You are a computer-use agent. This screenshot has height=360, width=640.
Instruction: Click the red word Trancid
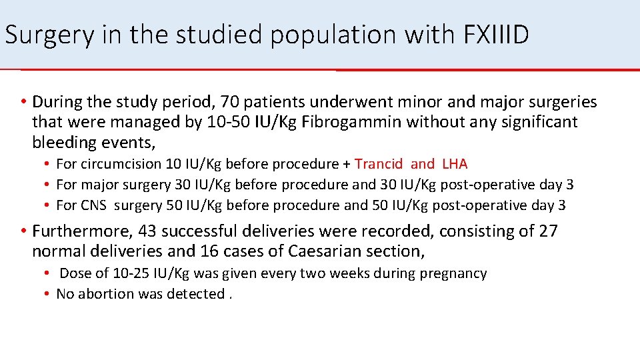pos(379,164)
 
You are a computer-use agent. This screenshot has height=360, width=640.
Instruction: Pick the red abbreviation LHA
pos(455,164)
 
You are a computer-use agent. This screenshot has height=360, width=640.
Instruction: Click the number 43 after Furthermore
pos(141,231)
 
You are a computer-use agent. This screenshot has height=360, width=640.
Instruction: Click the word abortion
pos(105,293)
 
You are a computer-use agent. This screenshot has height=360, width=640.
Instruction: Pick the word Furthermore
pos(80,231)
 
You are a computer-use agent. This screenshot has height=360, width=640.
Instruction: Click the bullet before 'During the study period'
pos(23,102)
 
